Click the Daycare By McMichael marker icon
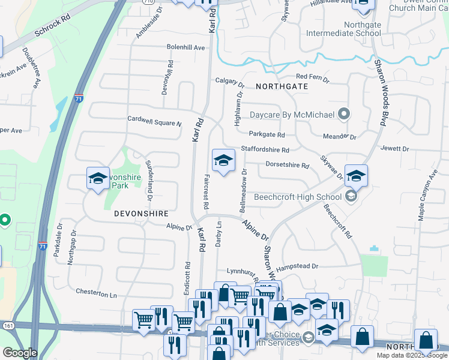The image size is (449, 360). pos(344,113)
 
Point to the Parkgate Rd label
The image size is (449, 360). pos(267,135)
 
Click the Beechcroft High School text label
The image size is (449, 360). pos(298,197)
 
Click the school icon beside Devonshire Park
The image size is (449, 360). pos(98,178)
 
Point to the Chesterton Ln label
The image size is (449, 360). pos(96,293)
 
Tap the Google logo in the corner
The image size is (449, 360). pos(19,353)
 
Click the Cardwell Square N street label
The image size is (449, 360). pos(154,121)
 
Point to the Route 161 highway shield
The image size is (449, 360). pos(7,325)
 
